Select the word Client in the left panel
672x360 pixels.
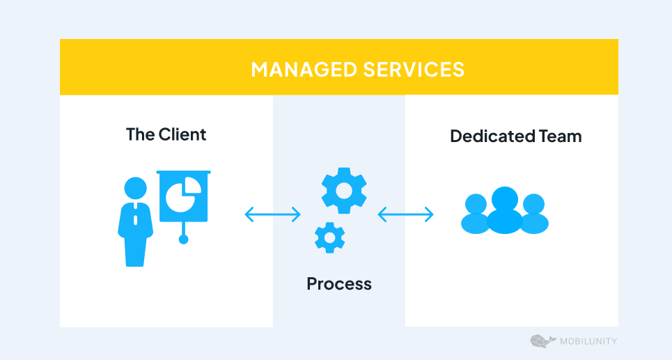(182, 134)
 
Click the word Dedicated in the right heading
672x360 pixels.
(483, 136)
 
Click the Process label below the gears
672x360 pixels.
(339, 283)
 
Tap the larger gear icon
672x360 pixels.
(344, 191)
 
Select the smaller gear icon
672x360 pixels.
(329, 237)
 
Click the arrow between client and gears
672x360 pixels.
(272, 214)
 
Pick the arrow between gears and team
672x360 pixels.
(405, 214)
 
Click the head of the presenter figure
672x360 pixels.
(135, 188)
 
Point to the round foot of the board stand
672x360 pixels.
(184, 240)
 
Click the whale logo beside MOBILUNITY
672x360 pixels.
(542, 341)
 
